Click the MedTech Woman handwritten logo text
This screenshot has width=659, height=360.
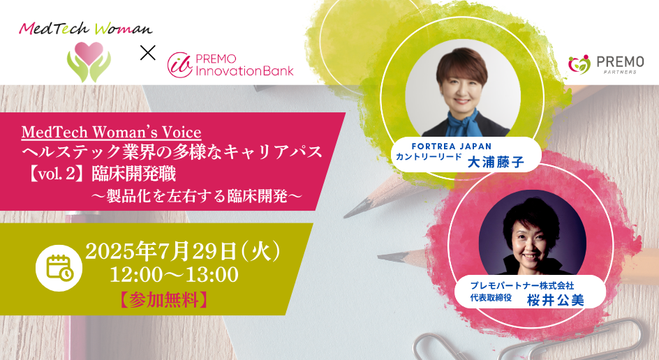tap(86, 29)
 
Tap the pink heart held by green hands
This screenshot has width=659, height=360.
tap(89, 53)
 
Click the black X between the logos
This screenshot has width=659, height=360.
tap(147, 53)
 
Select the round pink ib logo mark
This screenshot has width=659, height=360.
tap(180, 65)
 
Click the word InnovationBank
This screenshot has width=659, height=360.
tap(244, 70)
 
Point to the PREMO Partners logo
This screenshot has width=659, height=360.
tap(606, 64)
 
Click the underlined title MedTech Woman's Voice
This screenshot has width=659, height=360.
tap(112, 133)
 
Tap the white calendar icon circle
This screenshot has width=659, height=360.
tap(59, 268)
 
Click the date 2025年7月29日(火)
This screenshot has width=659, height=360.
tap(183, 252)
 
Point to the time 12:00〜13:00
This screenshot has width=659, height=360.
tap(174, 275)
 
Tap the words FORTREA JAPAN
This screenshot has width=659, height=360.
tap(452, 147)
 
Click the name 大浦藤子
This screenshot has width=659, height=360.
tap(496, 162)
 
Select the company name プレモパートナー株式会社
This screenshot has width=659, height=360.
tap(522, 285)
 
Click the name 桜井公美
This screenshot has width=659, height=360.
tap(556, 301)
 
